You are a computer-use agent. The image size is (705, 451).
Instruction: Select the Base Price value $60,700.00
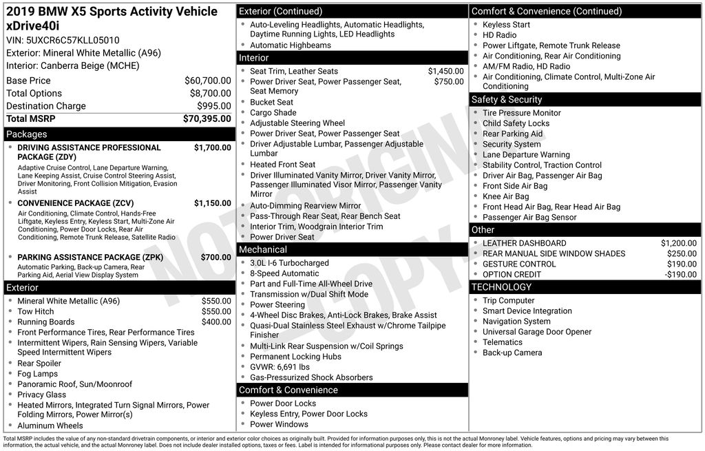click(207, 81)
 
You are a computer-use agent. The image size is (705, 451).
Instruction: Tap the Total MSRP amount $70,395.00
click(207, 119)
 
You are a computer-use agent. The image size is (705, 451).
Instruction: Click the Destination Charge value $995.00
click(214, 106)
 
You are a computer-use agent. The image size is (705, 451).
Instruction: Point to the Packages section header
click(26, 134)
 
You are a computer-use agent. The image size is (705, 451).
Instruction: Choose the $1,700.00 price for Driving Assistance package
click(212, 147)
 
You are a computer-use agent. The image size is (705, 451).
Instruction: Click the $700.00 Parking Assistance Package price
click(215, 258)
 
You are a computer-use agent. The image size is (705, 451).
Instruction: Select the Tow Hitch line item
click(35, 311)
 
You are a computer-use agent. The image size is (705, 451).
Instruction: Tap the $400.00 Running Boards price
click(216, 322)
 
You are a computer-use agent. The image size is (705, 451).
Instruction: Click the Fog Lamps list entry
click(37, 374)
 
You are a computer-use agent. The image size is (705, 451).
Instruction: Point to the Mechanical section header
click(262, 249)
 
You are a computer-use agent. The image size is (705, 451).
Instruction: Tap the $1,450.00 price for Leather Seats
click(445, 71)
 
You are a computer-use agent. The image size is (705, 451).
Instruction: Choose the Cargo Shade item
click(273, 113)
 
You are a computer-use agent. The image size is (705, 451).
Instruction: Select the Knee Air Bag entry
click(505, 196)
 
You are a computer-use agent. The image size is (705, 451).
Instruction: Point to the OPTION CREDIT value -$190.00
click(681, 274)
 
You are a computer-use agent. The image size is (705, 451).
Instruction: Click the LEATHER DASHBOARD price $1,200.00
click(678, 243)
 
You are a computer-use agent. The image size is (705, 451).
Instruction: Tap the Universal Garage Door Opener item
click(536, 332)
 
